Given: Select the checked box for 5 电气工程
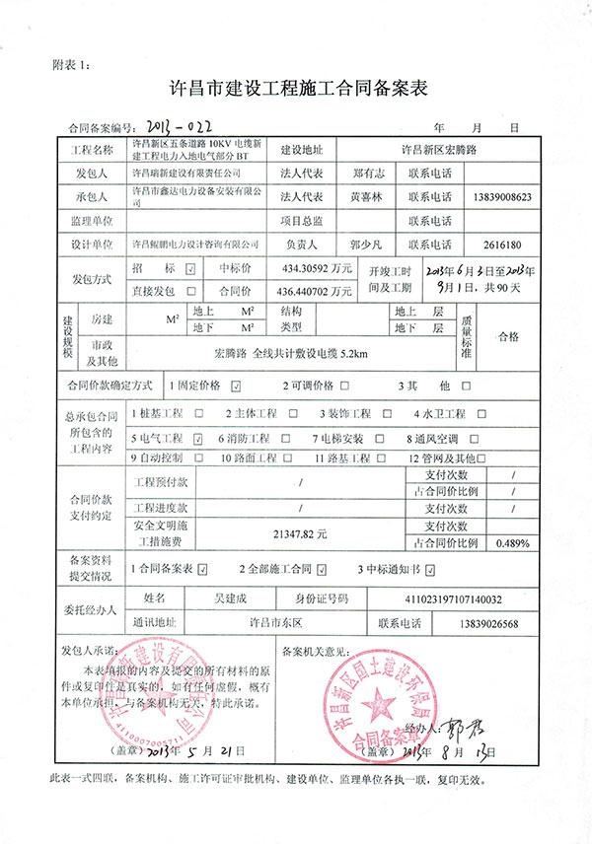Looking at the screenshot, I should tap(198, 437).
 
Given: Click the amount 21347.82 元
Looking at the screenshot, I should tap(300, 532).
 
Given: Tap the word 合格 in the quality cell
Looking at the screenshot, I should tap(507, 336).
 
